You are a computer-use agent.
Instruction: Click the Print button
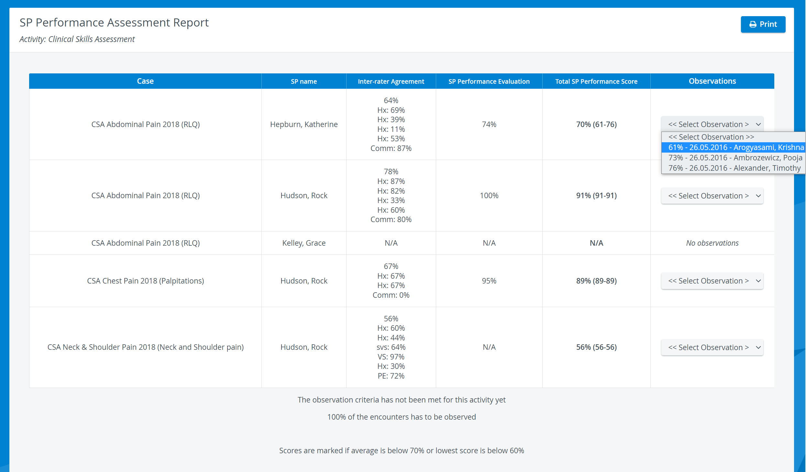(x=763, y=24)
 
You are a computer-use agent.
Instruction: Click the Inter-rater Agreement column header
(x=391, y=81)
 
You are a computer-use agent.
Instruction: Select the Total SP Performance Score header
(x=596, y=81)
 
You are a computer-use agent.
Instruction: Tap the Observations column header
(x=712, y=81)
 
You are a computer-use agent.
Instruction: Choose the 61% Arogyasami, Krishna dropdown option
(x=733, y=147)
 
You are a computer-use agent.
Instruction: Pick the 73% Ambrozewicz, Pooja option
(x=733, y=158)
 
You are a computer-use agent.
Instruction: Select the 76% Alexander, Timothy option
(x=733, y=168)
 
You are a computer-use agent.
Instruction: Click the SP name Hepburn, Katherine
(x=304, y=124)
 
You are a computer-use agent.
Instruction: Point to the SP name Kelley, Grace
(x=304, y=243)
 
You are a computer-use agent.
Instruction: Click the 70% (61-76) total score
(x=596, y=124)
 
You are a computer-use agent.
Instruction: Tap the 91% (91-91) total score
(x=596, y=196)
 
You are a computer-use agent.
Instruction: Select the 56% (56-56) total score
(x=596, y=347)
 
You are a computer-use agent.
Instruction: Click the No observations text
(x=712, y=243)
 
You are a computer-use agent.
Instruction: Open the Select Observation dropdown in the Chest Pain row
(x=712, y=281)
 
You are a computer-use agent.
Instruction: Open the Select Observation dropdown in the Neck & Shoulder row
(x=712, y=348)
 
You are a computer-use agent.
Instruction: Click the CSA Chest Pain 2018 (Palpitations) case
(x=145, y=281)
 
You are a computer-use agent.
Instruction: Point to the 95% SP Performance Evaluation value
(x=489, y=281)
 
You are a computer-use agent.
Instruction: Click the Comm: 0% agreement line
(x=391, y=295)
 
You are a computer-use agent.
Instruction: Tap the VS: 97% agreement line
(x=391, y=357)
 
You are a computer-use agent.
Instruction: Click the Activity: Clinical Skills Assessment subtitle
(x=77, y=39)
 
